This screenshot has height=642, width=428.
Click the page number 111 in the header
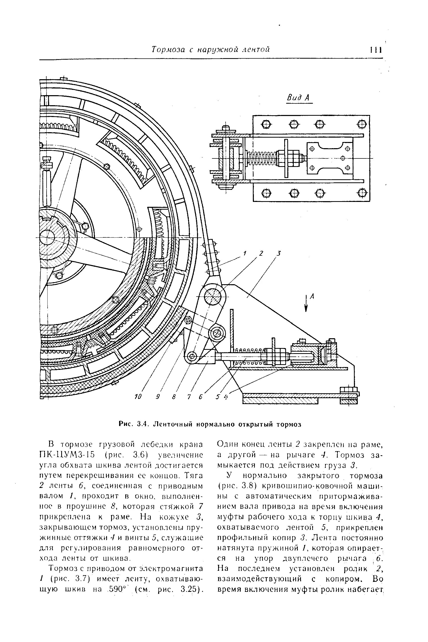pos(376,50)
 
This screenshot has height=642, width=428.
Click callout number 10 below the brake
pos(138,397)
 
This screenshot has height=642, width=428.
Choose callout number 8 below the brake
pos(174,397)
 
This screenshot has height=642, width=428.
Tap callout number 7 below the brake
pos(189,397)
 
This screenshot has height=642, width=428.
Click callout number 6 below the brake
pos(201,397)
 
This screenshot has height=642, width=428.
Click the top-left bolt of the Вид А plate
pos(266,124)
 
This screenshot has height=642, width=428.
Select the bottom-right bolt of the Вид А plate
pos(362,193)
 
